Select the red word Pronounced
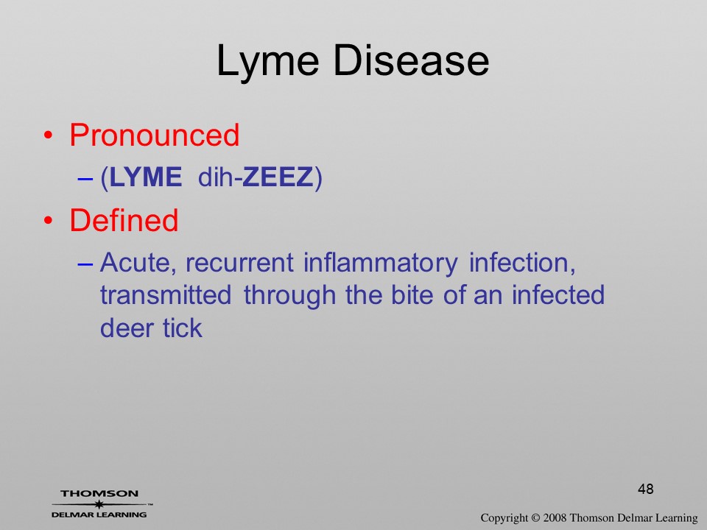[154, 135]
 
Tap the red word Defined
[124, 220]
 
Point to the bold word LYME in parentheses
[146, 177]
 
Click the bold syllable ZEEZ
[278, 177]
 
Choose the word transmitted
[166, 295]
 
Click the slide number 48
[646, 489]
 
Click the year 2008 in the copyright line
[555, 517]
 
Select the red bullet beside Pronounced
[49, 135]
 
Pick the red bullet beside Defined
[49, 221]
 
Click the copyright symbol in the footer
[535, 517]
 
